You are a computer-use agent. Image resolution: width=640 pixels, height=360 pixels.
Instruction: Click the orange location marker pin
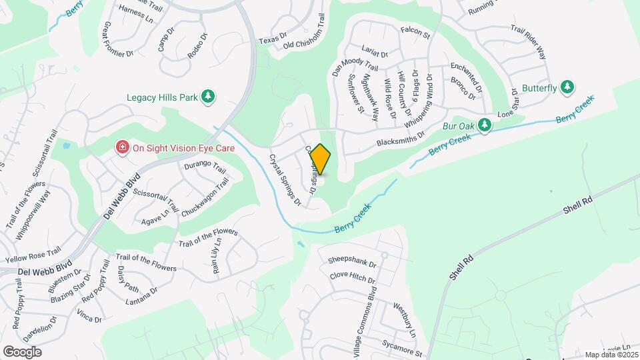321,159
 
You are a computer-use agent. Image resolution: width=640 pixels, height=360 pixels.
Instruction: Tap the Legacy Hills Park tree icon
207,97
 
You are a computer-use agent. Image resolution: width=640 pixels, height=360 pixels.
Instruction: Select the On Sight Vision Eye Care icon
123,147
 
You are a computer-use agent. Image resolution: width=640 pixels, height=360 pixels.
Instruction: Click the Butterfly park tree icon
567,87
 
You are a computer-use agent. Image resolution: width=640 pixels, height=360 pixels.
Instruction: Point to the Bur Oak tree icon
485,125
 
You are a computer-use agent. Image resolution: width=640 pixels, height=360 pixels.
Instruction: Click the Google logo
22,351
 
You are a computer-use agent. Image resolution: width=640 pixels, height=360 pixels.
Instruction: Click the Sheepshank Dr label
353,259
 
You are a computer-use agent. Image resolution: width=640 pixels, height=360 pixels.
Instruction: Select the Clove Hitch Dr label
352,276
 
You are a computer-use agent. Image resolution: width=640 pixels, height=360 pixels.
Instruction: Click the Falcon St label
415,31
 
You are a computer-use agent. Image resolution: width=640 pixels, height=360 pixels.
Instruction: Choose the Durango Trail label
205,165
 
